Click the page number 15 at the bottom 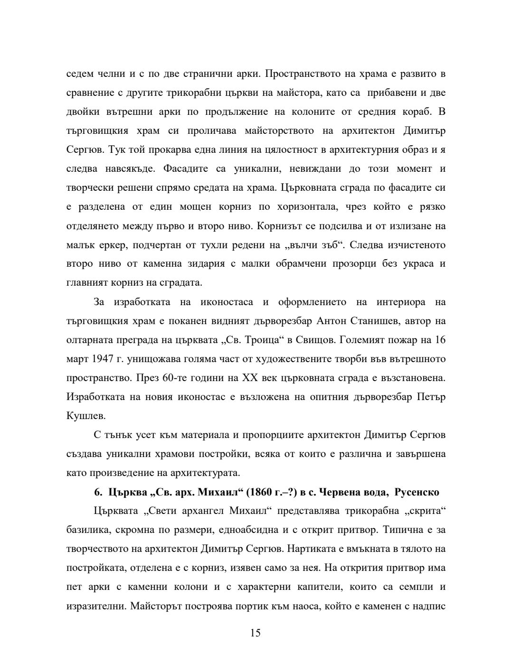256,633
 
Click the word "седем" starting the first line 79,74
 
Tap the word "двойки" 81,112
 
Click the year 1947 103,359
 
